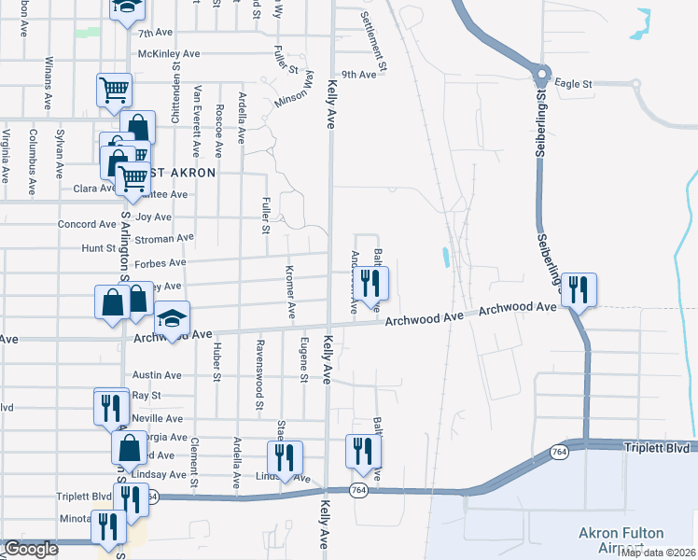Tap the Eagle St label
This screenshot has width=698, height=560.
tap(574, 84)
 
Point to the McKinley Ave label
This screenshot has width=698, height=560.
tap(169, 53)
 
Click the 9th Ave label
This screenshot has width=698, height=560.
tap(358, 75)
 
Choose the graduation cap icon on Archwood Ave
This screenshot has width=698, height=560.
tap(172, 319)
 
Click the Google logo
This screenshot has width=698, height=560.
tap(31, 549)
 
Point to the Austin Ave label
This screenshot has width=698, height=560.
tap(157, 375)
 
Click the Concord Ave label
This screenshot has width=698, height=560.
tap(87, 225)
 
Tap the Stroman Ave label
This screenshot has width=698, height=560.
tap(164, 238)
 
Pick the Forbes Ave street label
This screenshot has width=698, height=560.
tap(161, 264)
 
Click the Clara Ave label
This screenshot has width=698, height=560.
tap(93, 189)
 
